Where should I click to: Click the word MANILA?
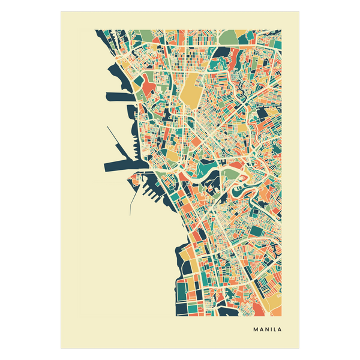(x=267, y=329)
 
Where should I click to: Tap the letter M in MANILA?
(x=256, y=329)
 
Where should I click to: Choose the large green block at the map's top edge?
(x=229, y=37)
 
